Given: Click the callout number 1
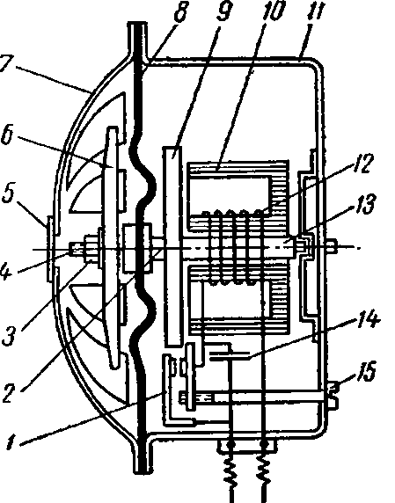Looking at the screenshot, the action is [11, 442].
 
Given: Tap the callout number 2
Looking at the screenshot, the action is [10, 393].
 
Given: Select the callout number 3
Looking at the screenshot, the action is [10, 335].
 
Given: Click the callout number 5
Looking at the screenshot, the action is [9, 193].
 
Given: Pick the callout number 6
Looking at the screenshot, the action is [8, 135].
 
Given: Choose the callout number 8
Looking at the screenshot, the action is [180, 11].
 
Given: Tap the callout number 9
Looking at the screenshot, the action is [224, 11].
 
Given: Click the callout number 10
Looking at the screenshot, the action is [273, 11].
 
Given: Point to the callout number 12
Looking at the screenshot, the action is [362, 164].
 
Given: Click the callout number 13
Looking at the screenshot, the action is [363, 203].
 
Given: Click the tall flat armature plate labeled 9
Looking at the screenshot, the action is [173, 245].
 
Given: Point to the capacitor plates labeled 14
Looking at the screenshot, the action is [229, 355].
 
